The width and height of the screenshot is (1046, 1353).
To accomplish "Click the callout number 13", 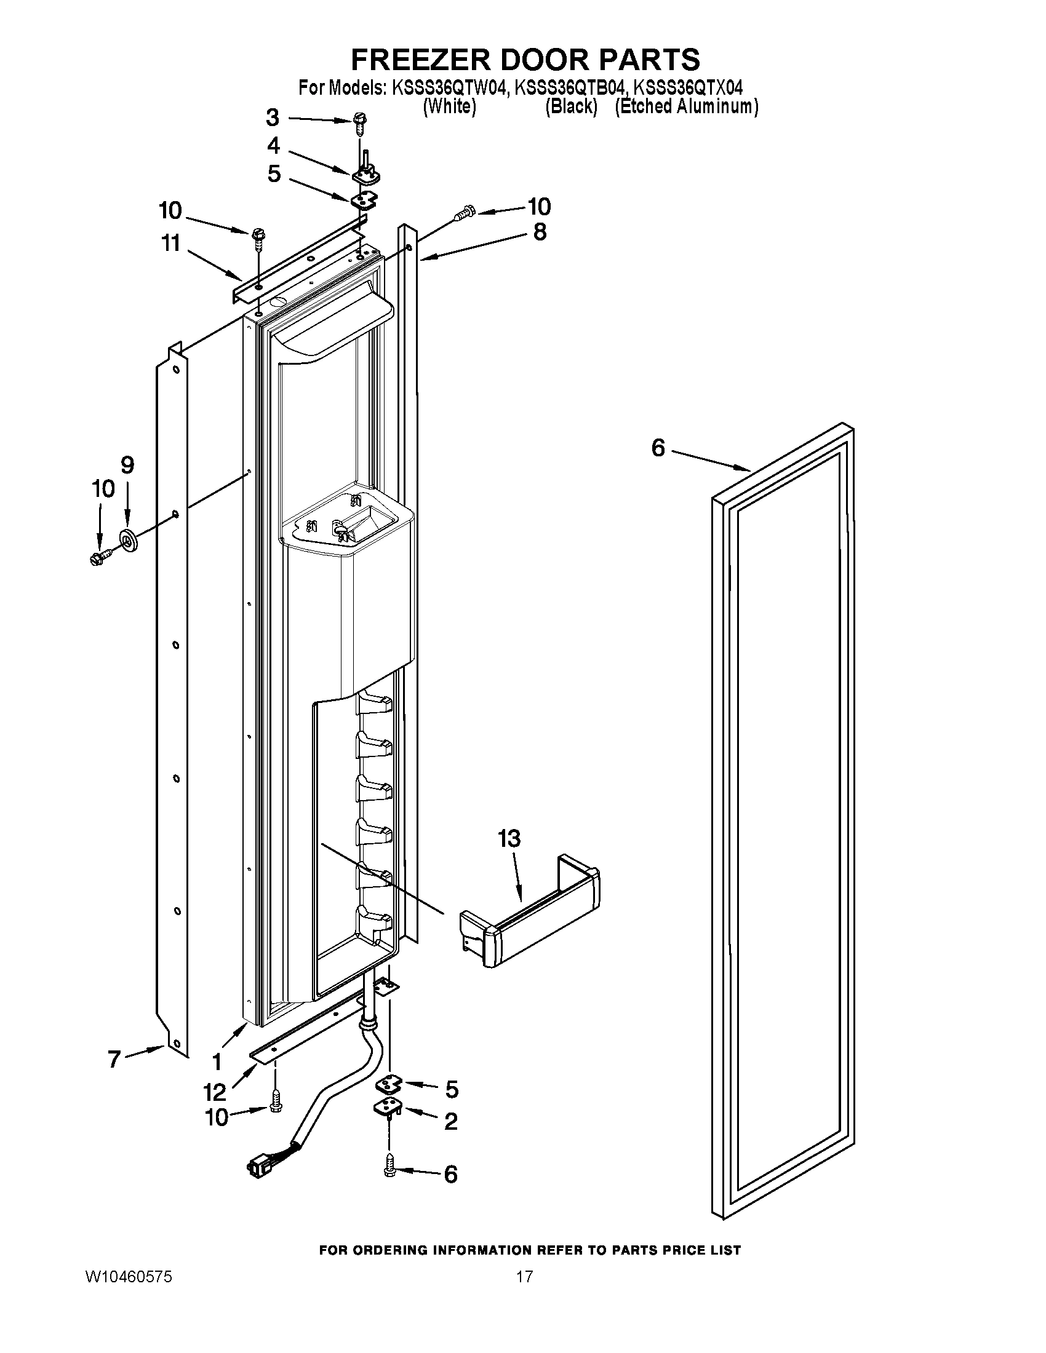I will pos(509,839).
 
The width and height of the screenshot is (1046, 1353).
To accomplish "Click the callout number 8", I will pos(540,232).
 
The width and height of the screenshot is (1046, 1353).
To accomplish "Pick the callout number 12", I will pos(214,1091).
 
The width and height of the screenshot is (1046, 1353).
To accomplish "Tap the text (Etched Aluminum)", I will pos(686,106).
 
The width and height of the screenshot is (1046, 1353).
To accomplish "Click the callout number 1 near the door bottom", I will pos(216,1062).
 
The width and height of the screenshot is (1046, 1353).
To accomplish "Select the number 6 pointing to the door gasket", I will pos(658,447).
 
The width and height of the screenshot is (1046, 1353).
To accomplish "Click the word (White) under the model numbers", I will pos(449,106).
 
